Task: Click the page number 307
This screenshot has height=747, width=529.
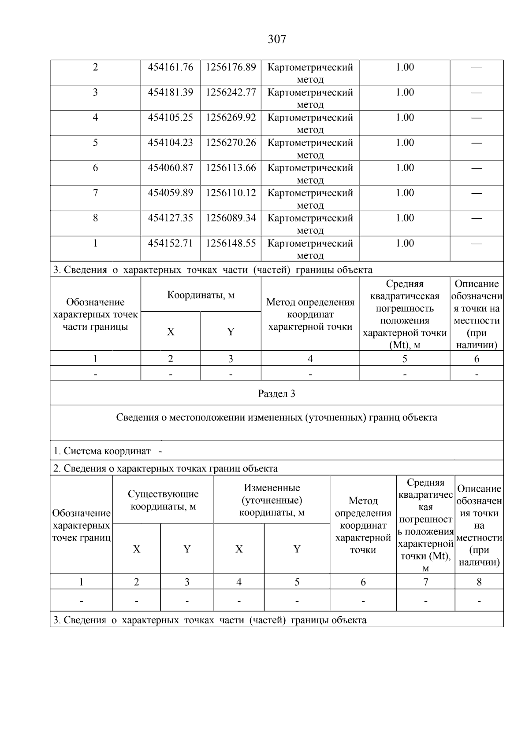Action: pos(277,40)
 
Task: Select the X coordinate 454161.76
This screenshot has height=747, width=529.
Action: pos(171,67)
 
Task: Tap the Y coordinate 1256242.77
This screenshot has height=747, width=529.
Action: pos(231,92)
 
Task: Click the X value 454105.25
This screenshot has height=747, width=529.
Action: pos(171,118)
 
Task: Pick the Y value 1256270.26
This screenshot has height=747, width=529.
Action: pos(231,143)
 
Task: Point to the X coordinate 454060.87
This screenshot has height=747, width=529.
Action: pos(171,168)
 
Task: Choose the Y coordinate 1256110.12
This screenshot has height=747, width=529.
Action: pos(231,193)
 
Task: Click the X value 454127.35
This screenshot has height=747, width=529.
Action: pos(171,218)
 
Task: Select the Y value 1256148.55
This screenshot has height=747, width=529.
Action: pos(231,243)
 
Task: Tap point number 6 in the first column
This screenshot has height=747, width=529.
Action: pos(95,168)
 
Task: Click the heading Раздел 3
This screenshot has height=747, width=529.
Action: pos(276,394)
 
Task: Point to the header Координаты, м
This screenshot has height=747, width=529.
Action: pos(201,295)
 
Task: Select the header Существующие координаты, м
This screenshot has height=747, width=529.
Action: pos(163,500)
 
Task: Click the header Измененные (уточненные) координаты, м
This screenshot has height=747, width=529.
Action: pos(272,500)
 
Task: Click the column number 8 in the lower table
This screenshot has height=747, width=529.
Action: pos(479,582)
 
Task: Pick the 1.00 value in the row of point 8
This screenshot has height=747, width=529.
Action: pos(405,218)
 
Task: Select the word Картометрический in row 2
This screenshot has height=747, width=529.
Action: pos(310,67)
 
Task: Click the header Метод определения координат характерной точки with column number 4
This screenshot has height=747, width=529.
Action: pos(310,314)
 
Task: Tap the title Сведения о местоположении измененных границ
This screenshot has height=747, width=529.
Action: pos(276,417)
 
